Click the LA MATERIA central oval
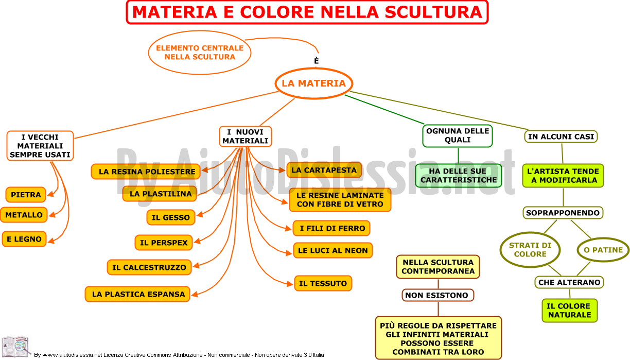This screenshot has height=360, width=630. click(313, 83)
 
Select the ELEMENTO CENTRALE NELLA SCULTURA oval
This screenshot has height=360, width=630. click(200, 53)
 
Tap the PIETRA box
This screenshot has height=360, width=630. click(26, 195)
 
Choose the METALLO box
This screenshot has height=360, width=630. click(24, 215)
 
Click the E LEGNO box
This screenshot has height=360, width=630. click(24, 239)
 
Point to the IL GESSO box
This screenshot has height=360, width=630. click(171, 217)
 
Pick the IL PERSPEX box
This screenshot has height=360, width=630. click(164, 243)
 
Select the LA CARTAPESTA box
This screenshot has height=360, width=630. click(324, 170)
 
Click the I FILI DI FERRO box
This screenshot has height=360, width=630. click(331, 228)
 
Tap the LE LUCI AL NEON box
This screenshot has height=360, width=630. click(333, 250)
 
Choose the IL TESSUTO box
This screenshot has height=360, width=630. click(323, 283)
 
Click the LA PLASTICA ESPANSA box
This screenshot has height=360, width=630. click(137, 294)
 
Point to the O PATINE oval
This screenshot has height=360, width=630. click(603, 250)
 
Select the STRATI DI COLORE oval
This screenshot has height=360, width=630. click(530, 250)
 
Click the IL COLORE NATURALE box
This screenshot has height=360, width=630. click(570, 310)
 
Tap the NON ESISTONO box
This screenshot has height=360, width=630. click(438, 295)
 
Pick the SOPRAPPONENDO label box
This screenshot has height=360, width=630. click(563, 213)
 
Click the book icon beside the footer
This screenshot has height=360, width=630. click(15, 346)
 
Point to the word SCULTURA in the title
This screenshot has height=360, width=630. click(433, 12)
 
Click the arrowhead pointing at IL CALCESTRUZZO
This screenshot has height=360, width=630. click(196, 266)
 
